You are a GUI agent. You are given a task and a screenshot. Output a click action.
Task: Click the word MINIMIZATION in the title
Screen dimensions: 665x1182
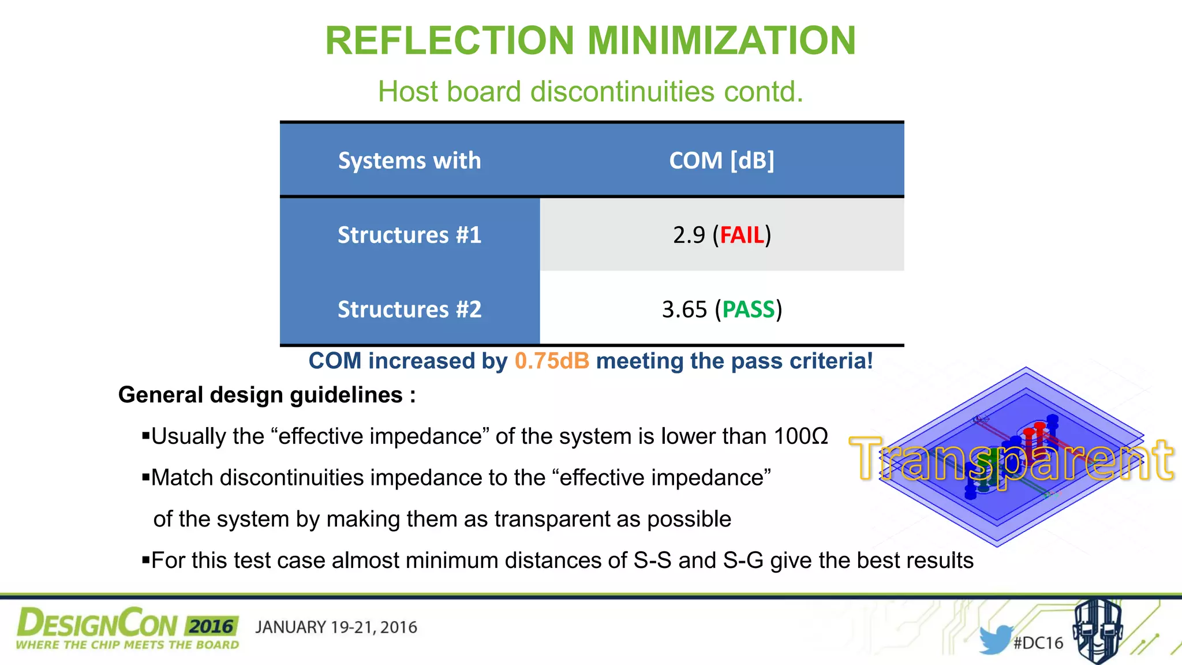tap(721, 41)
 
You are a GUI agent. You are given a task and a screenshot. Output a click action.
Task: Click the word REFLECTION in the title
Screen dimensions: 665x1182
tap(450, 41)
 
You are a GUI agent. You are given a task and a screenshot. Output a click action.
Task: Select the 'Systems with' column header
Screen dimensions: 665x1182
tap(409, 160)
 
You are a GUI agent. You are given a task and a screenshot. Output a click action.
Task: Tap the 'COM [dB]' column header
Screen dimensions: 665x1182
tap(721, 160)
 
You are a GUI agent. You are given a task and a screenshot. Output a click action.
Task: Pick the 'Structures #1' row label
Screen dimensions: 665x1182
tap(409, 235)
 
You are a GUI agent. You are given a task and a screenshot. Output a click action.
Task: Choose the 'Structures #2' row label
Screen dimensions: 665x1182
tap(409, 309)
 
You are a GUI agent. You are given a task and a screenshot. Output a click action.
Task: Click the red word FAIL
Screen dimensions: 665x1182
tap(742, 235)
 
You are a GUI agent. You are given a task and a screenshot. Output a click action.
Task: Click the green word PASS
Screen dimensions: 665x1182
tap(749, 309)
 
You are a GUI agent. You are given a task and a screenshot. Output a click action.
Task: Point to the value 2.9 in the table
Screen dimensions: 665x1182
tap(689, 235)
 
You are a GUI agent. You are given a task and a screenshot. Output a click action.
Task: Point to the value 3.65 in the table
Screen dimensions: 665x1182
tap(684, 309)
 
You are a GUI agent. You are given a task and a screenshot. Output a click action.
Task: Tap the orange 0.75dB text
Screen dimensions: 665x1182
tap(552, 361)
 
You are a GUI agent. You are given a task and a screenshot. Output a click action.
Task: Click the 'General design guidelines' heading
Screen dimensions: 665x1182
tap(267, 395)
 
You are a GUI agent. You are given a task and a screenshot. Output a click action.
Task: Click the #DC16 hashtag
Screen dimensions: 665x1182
tap(1038, 643)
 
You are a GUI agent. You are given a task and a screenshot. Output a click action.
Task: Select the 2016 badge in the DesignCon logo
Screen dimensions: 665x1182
tap(212, 626)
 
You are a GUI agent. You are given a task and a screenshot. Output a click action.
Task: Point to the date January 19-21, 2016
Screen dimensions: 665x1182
tap(336, 627)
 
